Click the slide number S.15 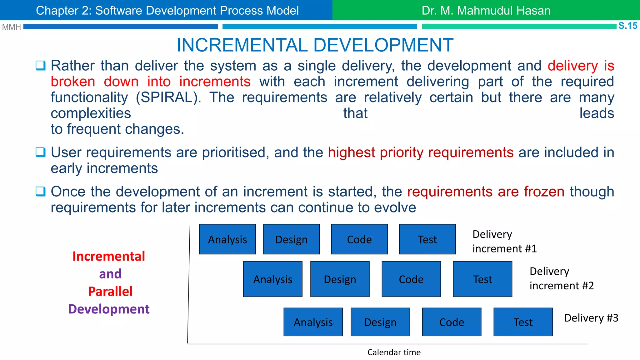[x=627, y=26]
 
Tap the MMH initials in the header [x=11, y=27]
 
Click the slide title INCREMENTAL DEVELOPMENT [x=315, y=45]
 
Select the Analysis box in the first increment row [x=227, y=239]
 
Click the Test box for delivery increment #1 [x=427, y=239]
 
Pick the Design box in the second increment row [x=340, y=279]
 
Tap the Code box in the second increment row [x=411, y=279]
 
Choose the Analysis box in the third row [x=313, y=322]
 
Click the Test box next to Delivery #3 [x=523, y=322]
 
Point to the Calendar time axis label [x=394, y=352]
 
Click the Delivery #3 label [x=591, y=318]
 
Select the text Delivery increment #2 [x=561, y=278]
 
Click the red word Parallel [x=110, y=291]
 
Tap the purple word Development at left [x=109, y=309]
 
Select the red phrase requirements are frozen [x=486, y=192]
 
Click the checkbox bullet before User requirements [x=41, y=152]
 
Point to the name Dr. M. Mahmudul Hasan [x=486, y=11]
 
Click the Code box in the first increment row [x=359, y=239]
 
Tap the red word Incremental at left [x=109, y=256]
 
